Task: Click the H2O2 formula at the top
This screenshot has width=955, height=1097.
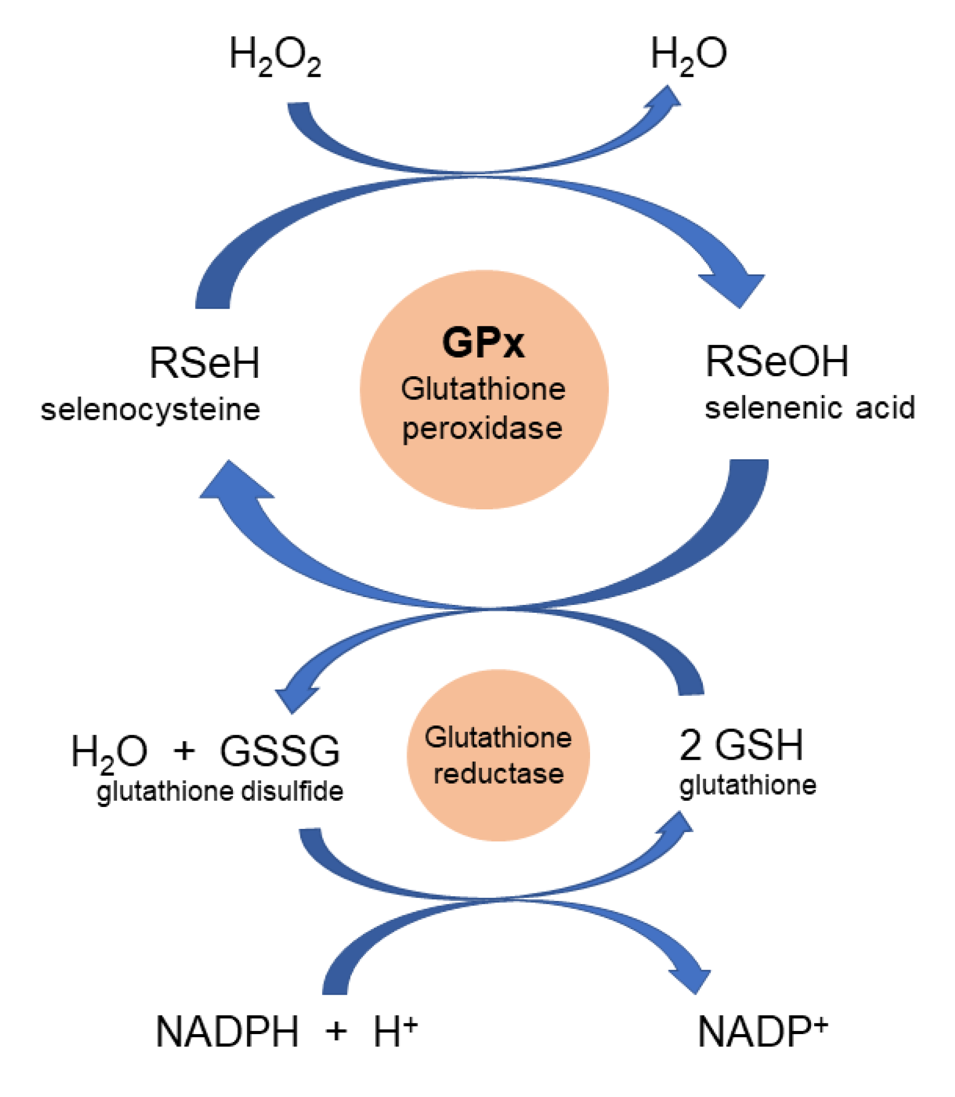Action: pyautogui.click(x=274, y=56)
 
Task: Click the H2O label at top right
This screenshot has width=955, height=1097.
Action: pyautogui.click(x=688, y=55)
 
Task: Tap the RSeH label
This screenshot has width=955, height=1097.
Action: pyautogui.click(x=205, y=363)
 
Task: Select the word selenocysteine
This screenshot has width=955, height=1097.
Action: pyautogui.click(x=150, y=410)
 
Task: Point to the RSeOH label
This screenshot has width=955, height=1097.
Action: pyautogui.click(x=777, y=362)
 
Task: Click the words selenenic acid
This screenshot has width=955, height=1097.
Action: pyautogui.click(x=809, y=408)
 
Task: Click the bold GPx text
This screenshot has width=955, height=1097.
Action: pyautogui.click(x=483, y=342)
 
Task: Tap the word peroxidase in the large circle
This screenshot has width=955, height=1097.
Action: pyautogui.click(x=482, y=428)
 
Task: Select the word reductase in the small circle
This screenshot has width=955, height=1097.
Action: pyautogui.click(x=498, y=774)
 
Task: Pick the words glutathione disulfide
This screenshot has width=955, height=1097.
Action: pyautogui.click(x=219, y=792)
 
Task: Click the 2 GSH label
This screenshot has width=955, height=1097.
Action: pyautogui.click(x=741, y=745)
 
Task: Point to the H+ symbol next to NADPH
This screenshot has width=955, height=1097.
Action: pyautogui.click(x=395, y=1032)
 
